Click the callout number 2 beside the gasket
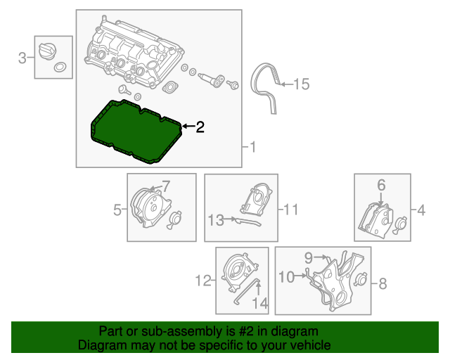(200, 127)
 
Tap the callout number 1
(253, 147)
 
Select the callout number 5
(117, 208)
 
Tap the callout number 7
(166, 186)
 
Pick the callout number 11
(291, 209)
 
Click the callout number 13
(215, 220)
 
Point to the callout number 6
(381, 186)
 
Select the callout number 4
(421, 209)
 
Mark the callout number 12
(202, 282)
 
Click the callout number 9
(309, 258)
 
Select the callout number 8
(382, 283)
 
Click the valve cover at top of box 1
(134, 53)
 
